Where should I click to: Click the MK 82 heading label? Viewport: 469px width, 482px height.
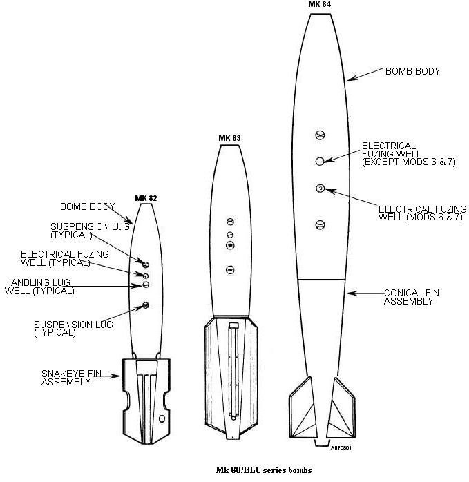coord(146,198)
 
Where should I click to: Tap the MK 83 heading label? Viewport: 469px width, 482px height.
coord(229,138)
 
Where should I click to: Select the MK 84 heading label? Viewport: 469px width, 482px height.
coord(318,4)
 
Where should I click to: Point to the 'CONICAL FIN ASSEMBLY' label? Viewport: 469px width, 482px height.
coord(411,297)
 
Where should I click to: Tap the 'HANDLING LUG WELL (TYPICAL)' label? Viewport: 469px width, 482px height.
coord(39,287)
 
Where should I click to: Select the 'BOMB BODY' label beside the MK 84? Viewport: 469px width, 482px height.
coord(412,71)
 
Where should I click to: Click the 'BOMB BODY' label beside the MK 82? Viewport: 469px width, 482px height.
coord(87,206)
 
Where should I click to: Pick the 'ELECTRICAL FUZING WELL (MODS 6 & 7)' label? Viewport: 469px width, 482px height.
coord(423,213)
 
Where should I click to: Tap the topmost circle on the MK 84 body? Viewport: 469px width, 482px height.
coord(319,135)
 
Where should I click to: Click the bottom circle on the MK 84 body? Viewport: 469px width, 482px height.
coord(320,224)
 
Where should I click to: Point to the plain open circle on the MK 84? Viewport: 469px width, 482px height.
coord(320,161)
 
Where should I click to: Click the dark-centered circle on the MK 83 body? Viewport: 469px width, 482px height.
coord(231,246)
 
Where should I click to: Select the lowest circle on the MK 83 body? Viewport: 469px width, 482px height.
coord(231,269)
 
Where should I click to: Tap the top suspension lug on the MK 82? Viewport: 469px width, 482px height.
coord(146,263)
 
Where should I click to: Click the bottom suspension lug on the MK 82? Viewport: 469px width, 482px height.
coord(146,305)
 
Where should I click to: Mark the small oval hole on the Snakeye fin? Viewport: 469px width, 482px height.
coord(162,418)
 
